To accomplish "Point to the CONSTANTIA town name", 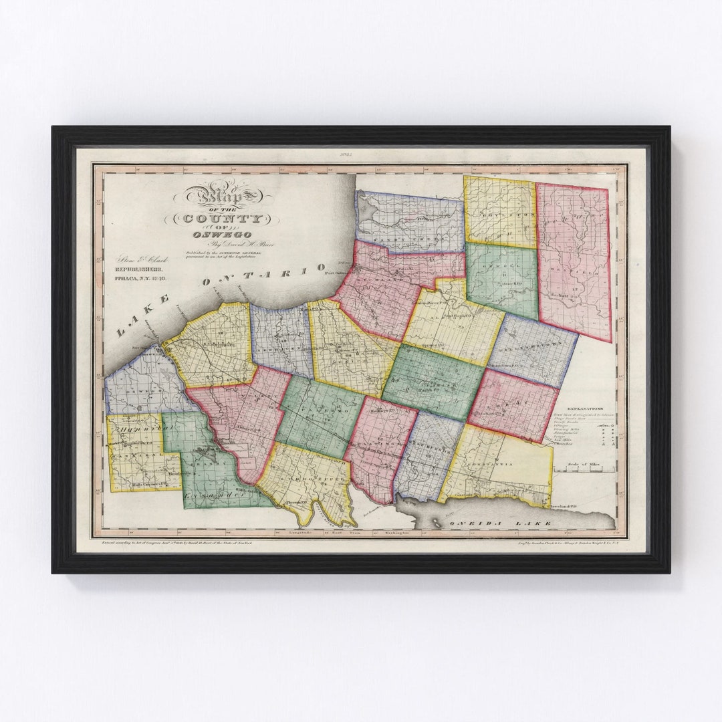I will coord(493,463).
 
